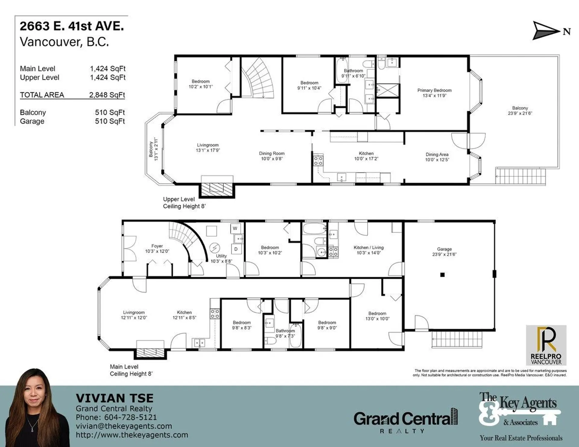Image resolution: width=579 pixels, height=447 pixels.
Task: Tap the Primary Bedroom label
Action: [435, 93]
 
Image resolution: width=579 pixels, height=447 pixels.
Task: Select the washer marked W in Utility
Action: [235, 228]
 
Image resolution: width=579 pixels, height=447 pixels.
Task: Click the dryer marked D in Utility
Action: [236, 249]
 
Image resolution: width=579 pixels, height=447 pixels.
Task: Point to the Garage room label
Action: [445, 252]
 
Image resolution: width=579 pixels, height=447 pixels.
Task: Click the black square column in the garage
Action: [442, 275]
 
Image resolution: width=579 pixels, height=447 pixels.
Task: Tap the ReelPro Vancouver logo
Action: [546, 345]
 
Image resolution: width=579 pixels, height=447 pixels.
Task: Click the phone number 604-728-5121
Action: [131, 417]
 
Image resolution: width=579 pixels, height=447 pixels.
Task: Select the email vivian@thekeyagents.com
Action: [124, 426]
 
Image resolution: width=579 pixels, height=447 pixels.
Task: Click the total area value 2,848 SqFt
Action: [107, 95]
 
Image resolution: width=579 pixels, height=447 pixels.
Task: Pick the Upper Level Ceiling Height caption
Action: [184, 203]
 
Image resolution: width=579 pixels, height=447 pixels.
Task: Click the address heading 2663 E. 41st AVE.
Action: [72, 26]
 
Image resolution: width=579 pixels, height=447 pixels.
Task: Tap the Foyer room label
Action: [157, 248]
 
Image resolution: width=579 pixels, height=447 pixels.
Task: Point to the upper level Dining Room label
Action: [272, 156]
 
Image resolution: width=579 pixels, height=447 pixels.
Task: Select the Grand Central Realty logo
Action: [406, 420]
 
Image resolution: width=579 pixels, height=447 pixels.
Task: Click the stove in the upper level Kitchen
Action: [318, 160]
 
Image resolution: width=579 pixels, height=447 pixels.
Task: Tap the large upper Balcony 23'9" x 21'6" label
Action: [520, 111]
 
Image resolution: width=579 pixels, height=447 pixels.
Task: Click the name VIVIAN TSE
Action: [115, 398]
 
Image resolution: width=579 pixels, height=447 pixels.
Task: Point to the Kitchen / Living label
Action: [369, 250]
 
